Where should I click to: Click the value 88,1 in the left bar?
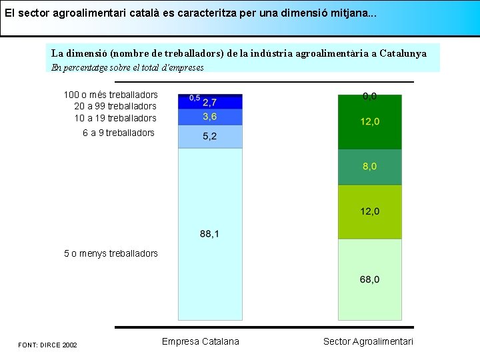(x=209, y=233)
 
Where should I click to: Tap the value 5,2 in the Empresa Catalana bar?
(x=209, y=136)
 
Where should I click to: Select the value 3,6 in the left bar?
(x=209, y=117)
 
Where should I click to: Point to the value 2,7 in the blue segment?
(x=209, y=102)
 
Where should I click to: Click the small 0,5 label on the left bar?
(x=195, y=98)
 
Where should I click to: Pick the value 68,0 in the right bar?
(x=369, y=279)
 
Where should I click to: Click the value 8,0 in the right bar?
(x=369, y=167)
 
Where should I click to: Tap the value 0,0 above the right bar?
(x=369, y=96)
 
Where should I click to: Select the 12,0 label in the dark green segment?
(x=369, y=121)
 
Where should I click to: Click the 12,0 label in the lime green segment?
(x=369, y=211)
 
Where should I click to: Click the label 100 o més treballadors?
(x=111, y=95)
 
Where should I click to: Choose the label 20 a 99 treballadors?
(x=115, y=106)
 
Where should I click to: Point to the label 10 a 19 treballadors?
(x=115, y=118)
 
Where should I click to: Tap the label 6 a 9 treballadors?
(x=119, y=133)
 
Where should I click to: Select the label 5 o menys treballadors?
(x=111, y=253)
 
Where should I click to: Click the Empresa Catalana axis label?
(x=200, y=341)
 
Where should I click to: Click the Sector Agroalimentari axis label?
(x=368, y=341)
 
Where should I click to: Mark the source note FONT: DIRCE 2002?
(x=47, y=345)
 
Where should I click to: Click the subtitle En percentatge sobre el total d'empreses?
(x=127, y=67)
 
